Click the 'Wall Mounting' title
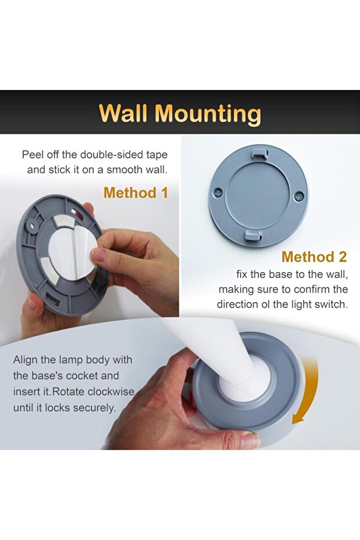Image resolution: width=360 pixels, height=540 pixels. [x=180, y=113]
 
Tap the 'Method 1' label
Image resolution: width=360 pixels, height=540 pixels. [x=136, y=193]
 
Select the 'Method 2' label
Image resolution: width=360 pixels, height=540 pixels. [x=314, y=257]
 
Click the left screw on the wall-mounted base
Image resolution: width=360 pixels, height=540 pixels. [x=217, y=193]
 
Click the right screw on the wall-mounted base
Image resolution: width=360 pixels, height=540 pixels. [x=298, y=197]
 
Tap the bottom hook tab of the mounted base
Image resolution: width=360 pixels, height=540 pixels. [x=253, y=236]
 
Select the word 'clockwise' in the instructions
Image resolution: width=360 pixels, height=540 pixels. [x=111, y=392]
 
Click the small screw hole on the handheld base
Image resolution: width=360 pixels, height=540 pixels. [x=32, y=227]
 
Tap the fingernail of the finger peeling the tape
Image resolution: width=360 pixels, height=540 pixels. [x=98, y=255]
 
